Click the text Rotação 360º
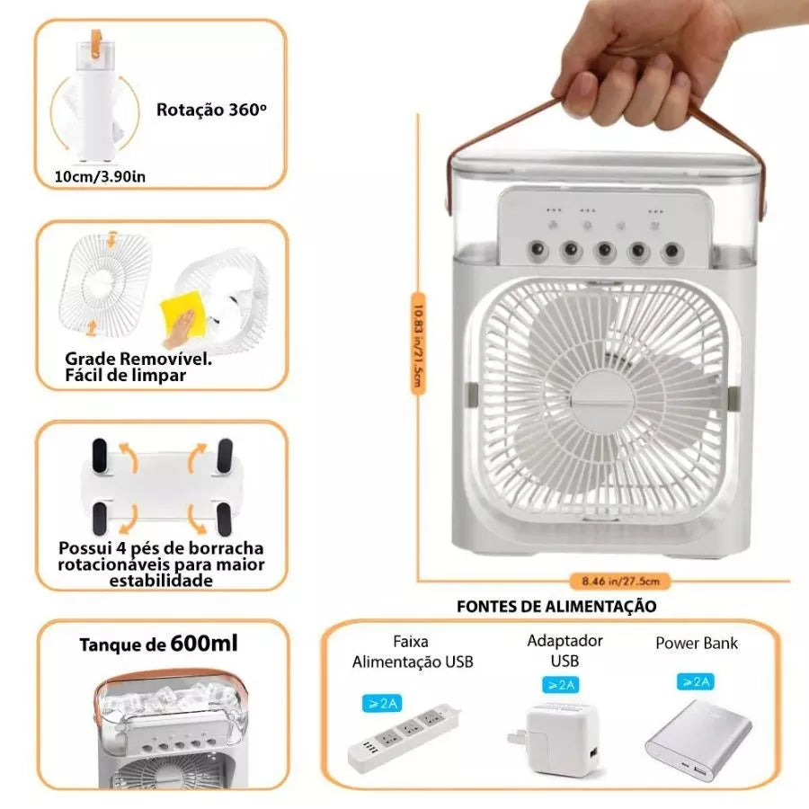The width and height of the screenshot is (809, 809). click(212, 111)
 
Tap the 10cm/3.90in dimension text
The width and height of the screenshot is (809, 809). click(100, 175)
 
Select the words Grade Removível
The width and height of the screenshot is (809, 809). click(138, 359)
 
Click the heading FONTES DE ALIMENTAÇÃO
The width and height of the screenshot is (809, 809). click(556, 606)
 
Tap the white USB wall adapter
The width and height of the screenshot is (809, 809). click(564, 736)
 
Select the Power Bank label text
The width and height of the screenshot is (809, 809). click(697, 644)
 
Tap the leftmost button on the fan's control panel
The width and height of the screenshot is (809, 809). click(537, 250)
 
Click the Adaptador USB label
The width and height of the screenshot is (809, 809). click(565, 651)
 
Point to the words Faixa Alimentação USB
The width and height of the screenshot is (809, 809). click(412, 653)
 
